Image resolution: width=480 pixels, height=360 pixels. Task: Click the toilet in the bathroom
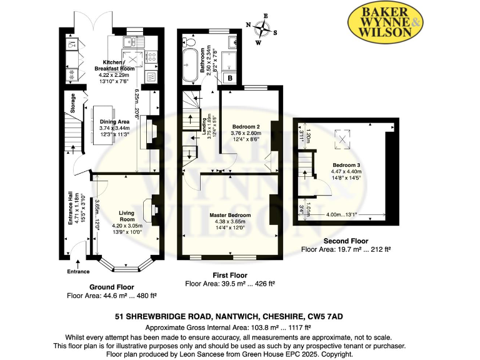coord(189,41)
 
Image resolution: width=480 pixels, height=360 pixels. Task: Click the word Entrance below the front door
coord(78,271)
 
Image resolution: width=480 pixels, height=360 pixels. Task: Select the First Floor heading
coord(231,275)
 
